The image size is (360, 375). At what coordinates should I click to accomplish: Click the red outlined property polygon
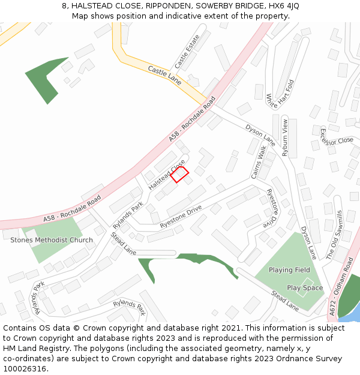[x=179, y=174]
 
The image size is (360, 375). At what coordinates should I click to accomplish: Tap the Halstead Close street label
[x=167, y=175]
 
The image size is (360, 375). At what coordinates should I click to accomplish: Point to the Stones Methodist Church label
[x=52, y=240]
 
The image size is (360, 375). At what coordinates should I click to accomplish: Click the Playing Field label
[x=289, y=270]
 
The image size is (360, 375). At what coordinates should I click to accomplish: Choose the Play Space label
[x=304, y=288]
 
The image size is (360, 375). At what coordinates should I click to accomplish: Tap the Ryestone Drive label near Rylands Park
[x=181, y=217]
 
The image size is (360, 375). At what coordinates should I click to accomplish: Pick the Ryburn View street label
[x=286, y=137]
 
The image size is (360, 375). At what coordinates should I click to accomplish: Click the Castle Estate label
[x=187, y=52]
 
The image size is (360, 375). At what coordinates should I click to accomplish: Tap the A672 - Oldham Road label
[x=342, y=286]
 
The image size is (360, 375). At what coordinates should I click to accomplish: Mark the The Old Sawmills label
[x=334, y=235]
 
